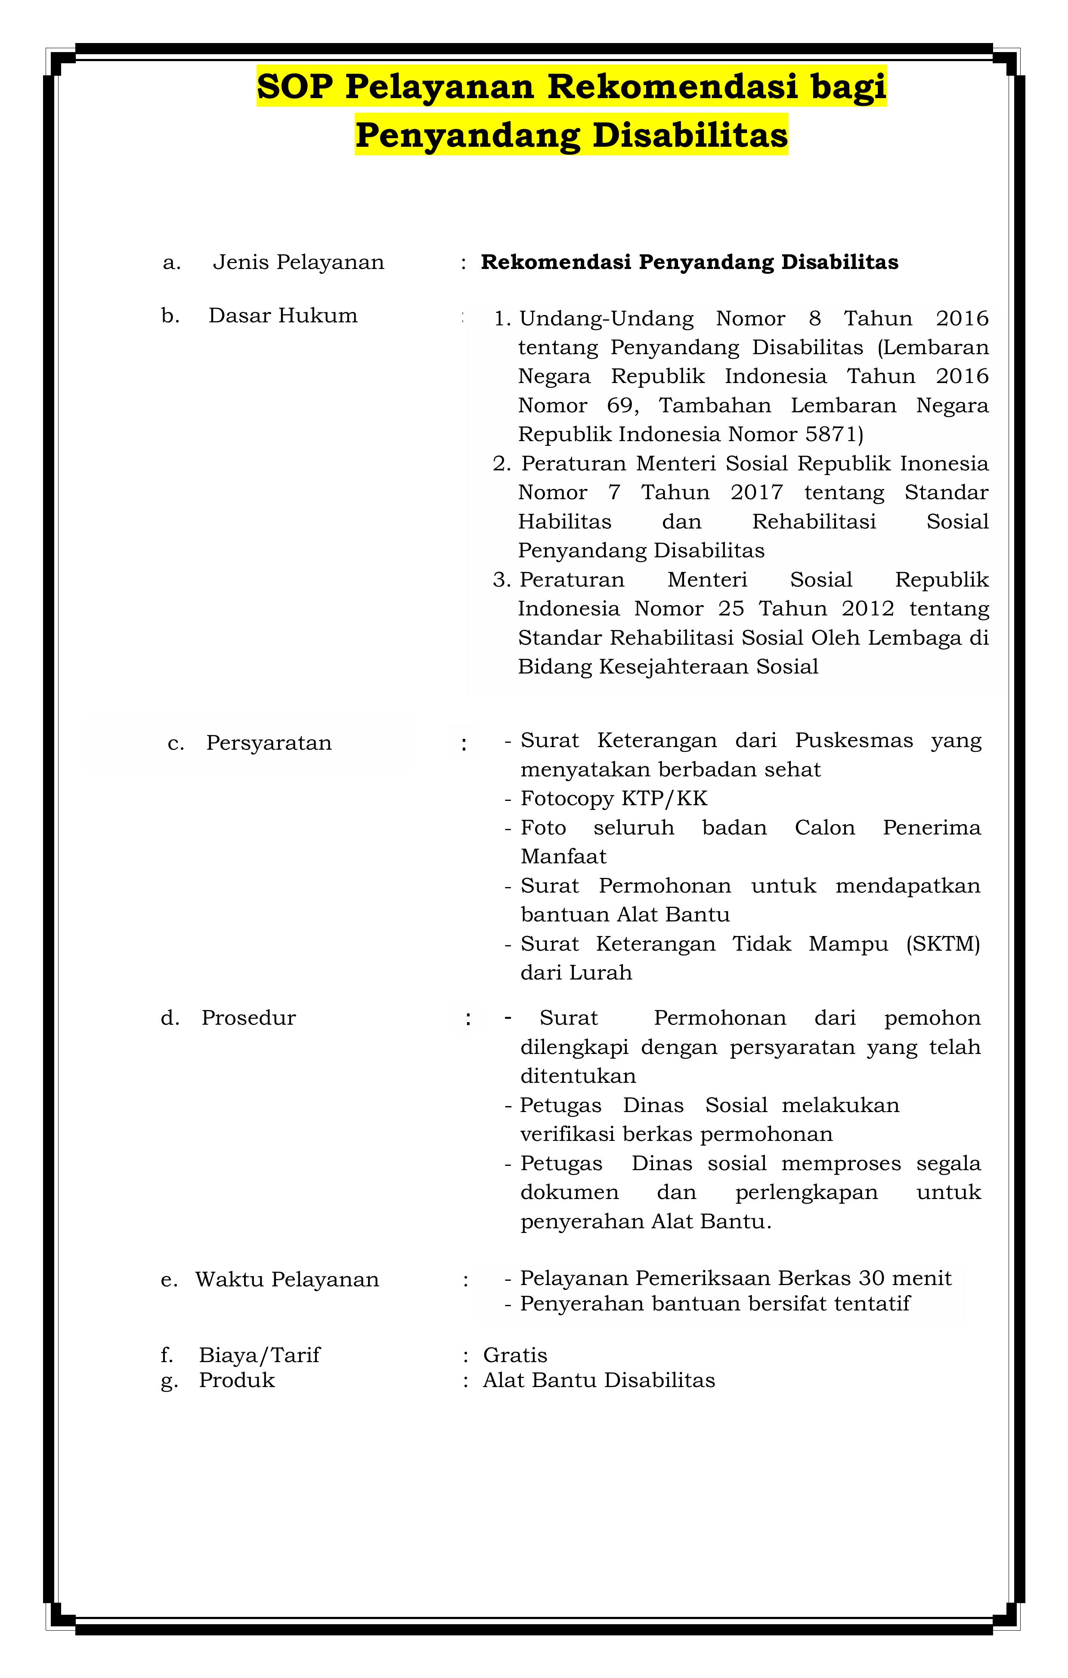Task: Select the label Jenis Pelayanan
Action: [298, 263]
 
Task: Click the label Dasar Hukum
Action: [282, 315]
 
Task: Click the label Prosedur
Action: [248, 1018]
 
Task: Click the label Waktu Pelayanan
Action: [287, 1279]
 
